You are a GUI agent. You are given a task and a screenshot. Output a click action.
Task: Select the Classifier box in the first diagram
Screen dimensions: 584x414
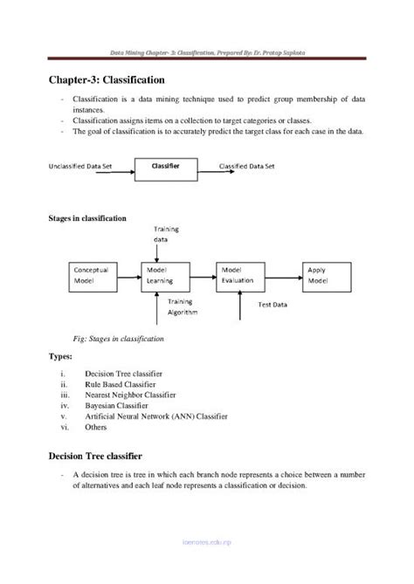click(165, 165)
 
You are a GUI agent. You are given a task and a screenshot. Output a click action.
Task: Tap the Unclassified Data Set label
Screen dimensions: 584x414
click(86, 165)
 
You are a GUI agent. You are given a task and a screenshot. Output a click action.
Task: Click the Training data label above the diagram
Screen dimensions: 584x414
click(166, 233)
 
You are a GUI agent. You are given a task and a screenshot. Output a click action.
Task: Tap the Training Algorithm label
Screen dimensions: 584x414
click(183, 306)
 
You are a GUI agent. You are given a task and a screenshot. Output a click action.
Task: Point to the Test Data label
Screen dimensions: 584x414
click(275, 305)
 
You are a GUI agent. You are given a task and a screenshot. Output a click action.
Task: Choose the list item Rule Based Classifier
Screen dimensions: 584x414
click(121, 384)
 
